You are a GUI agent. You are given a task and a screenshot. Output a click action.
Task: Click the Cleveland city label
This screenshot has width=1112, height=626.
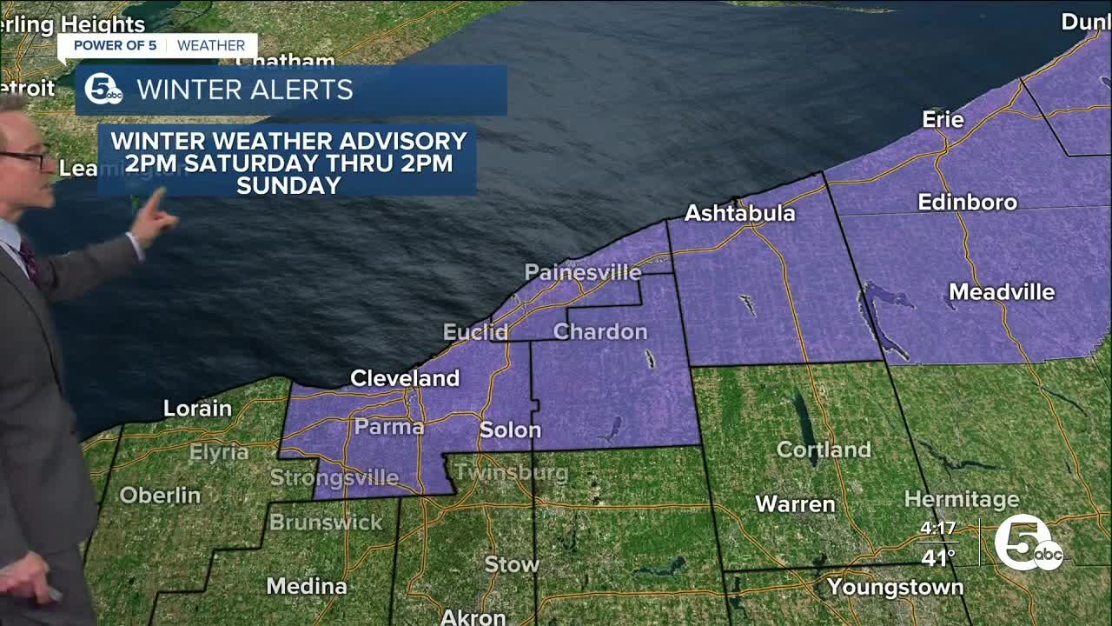pos(404,378)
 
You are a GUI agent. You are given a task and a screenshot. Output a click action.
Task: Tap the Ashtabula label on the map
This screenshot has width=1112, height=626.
pos(739,213)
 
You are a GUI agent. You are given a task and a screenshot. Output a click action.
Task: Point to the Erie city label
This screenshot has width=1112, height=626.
pos(943,120)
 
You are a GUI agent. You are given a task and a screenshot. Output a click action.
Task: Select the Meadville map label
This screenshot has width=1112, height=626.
pos(1002,292)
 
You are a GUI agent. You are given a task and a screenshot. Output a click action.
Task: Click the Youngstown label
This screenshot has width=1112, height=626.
pos(895,587)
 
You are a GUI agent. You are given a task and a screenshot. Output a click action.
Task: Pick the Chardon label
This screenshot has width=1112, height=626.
pos(600,331)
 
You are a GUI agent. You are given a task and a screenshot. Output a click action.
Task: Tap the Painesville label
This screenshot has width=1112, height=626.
pos(583,273)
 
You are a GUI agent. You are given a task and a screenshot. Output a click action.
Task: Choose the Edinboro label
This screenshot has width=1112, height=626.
pos(967,203)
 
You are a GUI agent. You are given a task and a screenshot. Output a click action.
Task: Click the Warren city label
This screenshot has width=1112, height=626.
pos(795,504)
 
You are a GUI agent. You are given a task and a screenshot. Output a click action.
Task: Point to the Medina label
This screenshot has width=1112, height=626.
pos(307,586)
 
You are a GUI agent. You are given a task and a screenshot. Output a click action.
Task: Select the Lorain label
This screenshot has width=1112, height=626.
pos(198,409)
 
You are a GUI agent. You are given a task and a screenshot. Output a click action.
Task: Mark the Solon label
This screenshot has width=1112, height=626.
pos(510,430)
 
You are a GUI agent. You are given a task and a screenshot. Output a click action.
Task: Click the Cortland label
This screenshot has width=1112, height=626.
pos(823,450)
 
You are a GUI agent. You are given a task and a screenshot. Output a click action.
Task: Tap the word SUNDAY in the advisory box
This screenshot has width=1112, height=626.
pos(288,184)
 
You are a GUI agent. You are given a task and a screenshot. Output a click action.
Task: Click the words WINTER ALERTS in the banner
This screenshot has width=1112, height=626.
pos(245,90)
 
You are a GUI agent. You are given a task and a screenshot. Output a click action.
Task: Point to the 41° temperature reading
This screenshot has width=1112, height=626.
pos(938,557)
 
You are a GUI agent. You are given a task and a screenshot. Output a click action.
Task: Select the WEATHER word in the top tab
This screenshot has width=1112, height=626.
pos(211,45)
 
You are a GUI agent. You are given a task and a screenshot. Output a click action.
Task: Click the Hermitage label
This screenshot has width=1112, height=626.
pos(961,500)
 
